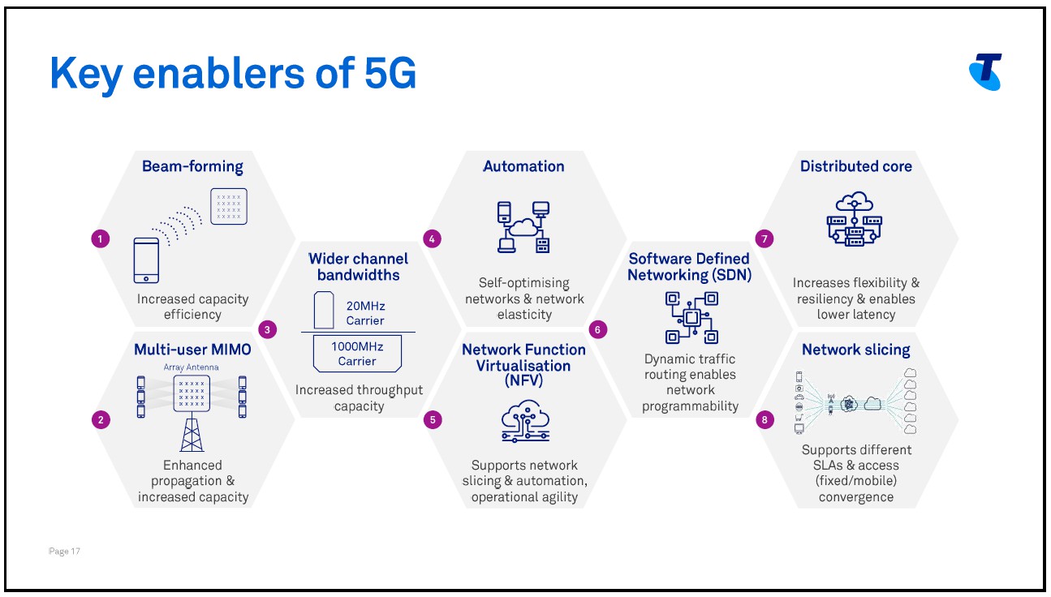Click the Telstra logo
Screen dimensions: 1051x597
tap(985, 71)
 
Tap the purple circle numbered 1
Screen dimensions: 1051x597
tap(101, 238)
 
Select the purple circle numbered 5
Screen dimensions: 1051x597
tap(433, 419)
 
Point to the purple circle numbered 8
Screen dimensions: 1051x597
tap(764, 419)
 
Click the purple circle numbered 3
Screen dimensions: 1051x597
tap(266, 329)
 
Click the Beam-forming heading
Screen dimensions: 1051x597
tap(192, 166)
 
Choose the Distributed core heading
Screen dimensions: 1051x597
tap(855, 166)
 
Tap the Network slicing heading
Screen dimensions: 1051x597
tap(855, 350)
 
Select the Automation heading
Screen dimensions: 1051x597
tap(523, 166)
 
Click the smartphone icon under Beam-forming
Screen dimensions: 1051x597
tap(146, 260)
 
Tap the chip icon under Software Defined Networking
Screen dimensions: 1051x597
tap(691, 317)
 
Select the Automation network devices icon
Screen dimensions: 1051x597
tap(523, 226)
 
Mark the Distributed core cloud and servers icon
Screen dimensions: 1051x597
tap(855, 219)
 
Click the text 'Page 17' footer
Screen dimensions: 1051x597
tap(64, 552)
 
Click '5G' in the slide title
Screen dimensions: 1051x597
tap(386, 74)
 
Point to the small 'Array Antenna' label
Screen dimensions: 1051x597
tap(191, 367)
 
